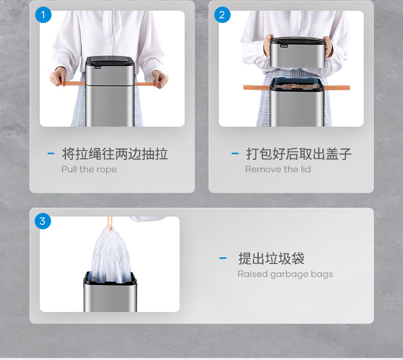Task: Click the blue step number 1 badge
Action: point(43,15)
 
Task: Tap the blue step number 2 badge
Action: point(222,15)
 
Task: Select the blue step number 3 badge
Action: point(43,221)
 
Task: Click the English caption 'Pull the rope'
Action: point(89,170)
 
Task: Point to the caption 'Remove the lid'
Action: point(278,169)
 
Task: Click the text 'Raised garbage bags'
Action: point(285,274)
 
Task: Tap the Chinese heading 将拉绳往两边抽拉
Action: point(115,154)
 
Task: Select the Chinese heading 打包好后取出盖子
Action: point(298,154)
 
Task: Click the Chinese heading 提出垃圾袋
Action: point(271,258)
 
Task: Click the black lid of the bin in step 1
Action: point(110,60)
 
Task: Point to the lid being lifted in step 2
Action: point(297,53)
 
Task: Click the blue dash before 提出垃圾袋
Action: point(223,258)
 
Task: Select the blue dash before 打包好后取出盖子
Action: point(235,154)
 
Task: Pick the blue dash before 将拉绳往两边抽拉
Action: point(51,154)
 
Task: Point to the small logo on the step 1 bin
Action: point(97,68)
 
